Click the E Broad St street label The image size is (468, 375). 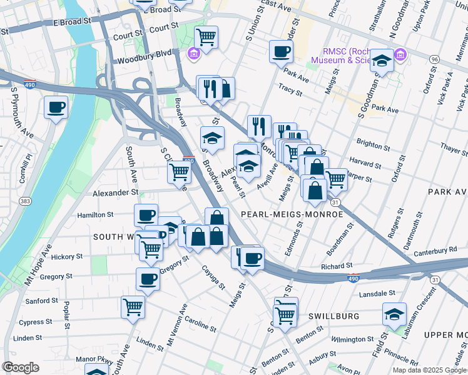[72, 22]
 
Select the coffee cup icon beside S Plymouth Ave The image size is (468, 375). [56, 107]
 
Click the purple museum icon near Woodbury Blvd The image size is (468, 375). [193, 53]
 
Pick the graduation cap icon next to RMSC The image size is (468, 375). [382, 61]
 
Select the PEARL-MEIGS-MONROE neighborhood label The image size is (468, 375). [292, 214]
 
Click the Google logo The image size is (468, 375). [21, 367]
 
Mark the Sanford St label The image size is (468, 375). [42, 301]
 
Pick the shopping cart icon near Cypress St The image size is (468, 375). [133, 307]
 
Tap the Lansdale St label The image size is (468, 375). [377, 292]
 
